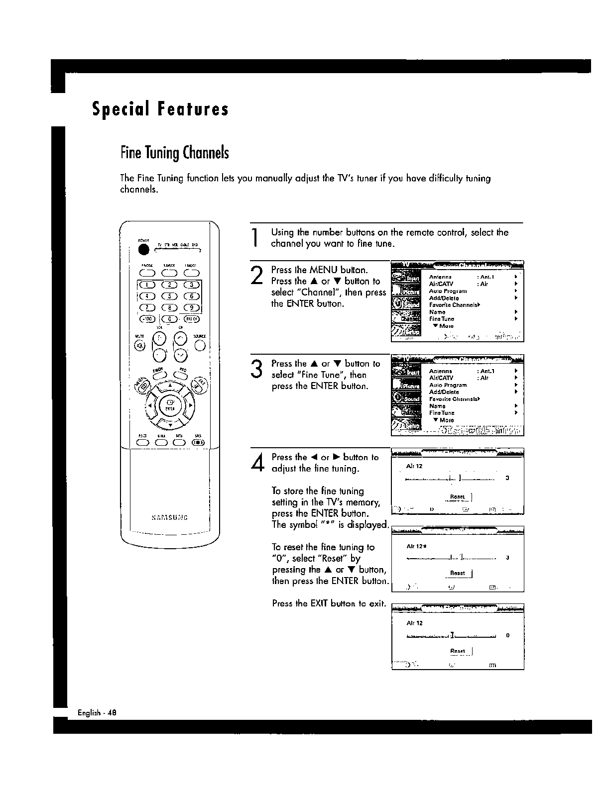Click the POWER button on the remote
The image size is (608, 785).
(144, 250)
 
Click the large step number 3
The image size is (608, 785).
(256, 369)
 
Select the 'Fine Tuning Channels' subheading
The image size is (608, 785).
(174, 152)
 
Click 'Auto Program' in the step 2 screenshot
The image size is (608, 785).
(448, 291)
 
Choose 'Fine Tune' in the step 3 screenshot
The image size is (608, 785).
(442, 413)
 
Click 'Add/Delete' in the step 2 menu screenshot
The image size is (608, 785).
(444, 298)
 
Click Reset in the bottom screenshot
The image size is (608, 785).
(457, 651)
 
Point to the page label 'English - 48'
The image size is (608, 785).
(97, 712)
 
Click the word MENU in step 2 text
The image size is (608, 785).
(324, 270)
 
